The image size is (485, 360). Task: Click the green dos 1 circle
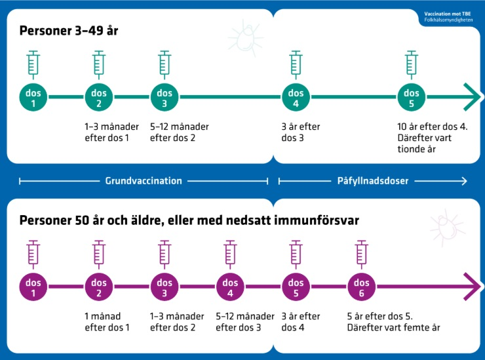(x=33, y=97)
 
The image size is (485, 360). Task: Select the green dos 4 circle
(x=296, y=97)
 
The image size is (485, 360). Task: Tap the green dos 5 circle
(x=411, y=97)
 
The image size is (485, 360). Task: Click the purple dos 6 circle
(x=361, y=287)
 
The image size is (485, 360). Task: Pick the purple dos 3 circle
(x=165, y=287)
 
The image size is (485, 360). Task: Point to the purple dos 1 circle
(x=33, y=287)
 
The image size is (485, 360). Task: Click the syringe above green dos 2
(x=99, y=65)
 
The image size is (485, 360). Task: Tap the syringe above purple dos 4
(x=230, y=255)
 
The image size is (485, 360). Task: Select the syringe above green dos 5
(x=411, y=65)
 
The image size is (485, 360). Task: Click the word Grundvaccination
(x=144, y=181)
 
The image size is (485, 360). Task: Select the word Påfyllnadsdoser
(x=373, y=181)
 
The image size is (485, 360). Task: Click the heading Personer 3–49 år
(x=69, y=31)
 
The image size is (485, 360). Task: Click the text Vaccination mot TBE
(x=447, y=14)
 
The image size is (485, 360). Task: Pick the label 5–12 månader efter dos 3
(x=245, y=322)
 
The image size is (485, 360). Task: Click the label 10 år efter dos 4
(x=433, y=127)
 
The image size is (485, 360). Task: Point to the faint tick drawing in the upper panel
(x=246, y=38)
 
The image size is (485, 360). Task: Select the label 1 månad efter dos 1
(x=107, y=322)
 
